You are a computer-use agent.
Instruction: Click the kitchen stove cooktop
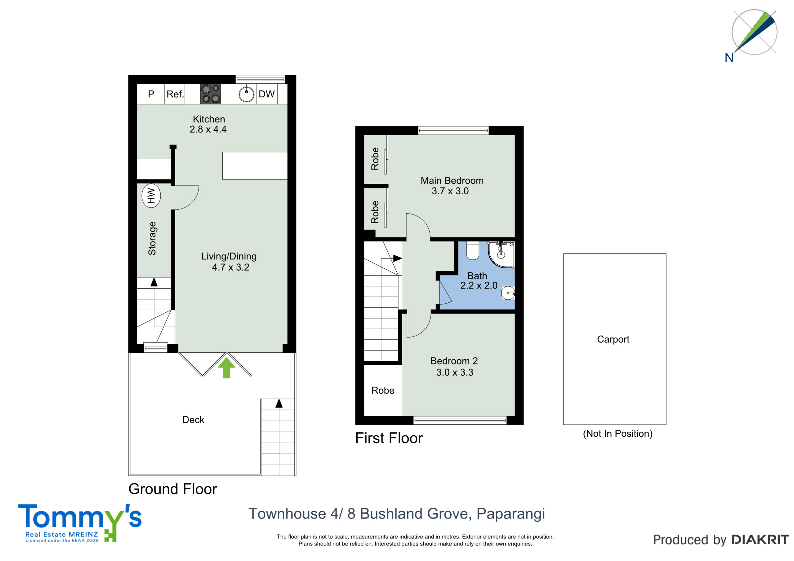[210, 94]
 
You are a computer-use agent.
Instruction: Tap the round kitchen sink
[246, 94]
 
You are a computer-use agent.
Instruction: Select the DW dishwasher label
[267, 94]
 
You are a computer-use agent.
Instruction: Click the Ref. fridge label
[175, 94]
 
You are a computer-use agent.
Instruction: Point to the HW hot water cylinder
[151, 196]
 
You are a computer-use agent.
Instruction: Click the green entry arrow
[226, 368]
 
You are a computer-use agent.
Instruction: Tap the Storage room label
[152, 239]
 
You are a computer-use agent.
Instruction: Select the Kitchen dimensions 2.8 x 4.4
[208, 129]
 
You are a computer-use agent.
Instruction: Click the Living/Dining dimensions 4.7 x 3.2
[230, 267]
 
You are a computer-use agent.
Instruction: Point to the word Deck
[193, 420]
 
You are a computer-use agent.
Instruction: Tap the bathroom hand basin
[508, 293]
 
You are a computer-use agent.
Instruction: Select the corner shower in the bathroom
[501, 255]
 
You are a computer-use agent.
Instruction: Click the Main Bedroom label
[452, 180]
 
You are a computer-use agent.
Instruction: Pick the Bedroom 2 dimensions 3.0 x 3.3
[455, 372]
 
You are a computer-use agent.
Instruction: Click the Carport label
[613, 339]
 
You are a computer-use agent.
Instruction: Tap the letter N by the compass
[729, 58]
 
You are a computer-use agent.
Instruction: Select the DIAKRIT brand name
[760, 540]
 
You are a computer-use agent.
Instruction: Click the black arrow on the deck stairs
[279, 403]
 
